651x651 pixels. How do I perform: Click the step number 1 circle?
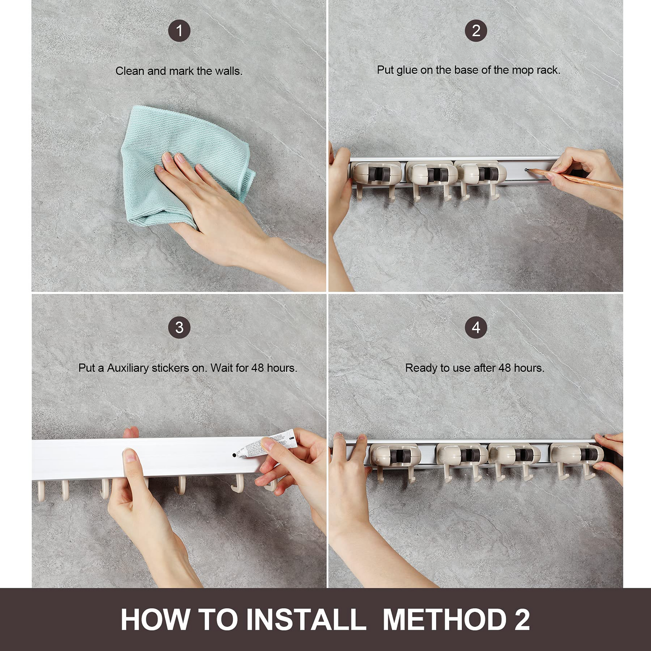[x=179, y=31]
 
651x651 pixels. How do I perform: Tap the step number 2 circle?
[x=476, y=31]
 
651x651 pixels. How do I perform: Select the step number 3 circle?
[x=179, y=328]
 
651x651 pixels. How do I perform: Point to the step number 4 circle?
[x=476, y=328]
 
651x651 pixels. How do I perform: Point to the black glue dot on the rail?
[x=234, y=455]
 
